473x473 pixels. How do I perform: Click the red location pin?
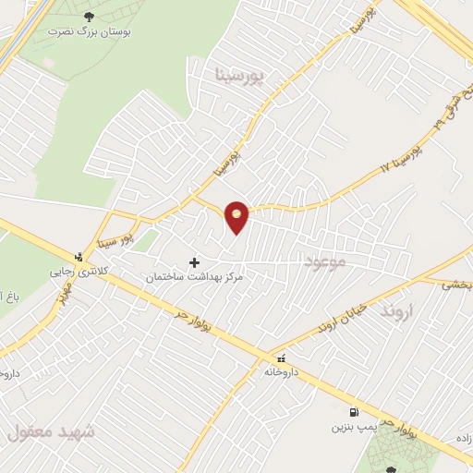pos(237,216)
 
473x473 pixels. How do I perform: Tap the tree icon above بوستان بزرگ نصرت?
pos(89,17)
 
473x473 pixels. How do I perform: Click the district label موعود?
pos(322,264)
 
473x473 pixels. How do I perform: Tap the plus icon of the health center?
pos(194,263)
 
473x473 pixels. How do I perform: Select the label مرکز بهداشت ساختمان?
pos(193,277)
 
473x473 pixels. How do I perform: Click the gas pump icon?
pos(354,413)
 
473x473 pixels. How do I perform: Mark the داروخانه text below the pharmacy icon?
pos(280,371)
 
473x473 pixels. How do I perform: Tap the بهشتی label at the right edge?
pos(456,286)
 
